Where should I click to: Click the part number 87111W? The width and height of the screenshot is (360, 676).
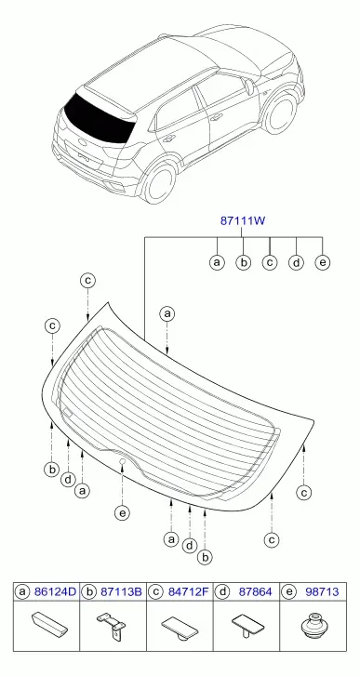242,221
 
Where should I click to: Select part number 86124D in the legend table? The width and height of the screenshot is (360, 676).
55,592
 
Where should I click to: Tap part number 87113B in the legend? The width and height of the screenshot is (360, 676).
121,592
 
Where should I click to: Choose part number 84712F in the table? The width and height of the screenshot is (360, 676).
188,592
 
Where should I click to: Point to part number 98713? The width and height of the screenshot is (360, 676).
322,592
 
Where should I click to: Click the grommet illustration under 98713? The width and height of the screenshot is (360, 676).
313,626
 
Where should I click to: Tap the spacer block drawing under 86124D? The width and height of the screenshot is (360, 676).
49,623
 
